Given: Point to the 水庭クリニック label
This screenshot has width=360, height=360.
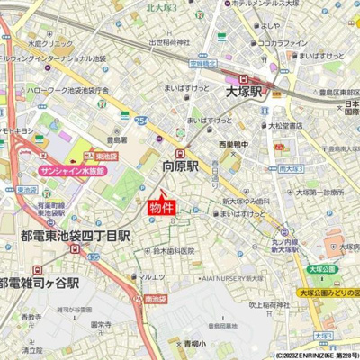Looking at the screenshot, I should pos(49,42).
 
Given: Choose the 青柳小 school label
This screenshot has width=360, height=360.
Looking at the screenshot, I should pos(193,343).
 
